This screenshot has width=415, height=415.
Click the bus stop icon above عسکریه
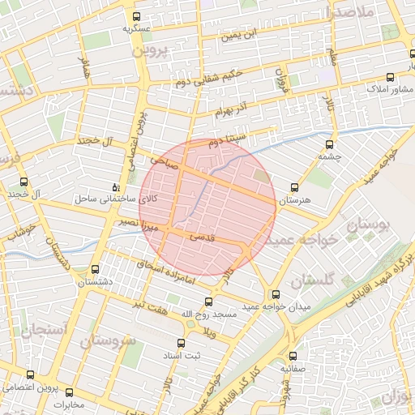(136, 16)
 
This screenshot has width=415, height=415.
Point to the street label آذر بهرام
(236, 108)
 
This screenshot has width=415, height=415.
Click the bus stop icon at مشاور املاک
(391, 77)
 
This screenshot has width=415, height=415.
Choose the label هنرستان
(294, 199)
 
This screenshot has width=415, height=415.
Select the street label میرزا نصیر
(131, 221)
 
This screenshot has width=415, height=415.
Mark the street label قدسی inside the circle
(201, 238)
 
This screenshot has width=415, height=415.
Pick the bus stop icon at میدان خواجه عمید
(276, 294)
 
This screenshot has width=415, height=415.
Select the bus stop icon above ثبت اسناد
(180, 344)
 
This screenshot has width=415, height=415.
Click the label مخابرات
(69, 404)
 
